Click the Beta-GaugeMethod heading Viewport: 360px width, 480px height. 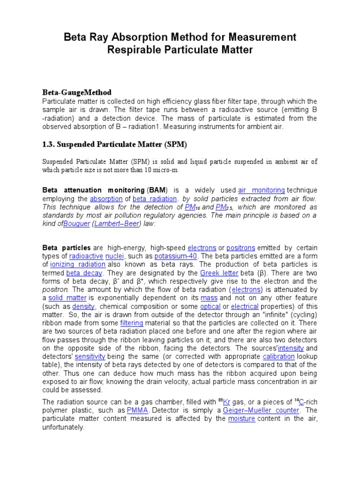(77, 92)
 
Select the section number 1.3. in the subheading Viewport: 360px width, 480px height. (50, 144)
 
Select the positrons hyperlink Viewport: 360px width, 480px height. (239, 247)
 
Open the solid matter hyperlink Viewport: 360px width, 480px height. (67, 298)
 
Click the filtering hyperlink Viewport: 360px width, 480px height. (131, 323)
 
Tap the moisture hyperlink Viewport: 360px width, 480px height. (241, 419)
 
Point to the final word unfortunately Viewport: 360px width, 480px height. (63, 427)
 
